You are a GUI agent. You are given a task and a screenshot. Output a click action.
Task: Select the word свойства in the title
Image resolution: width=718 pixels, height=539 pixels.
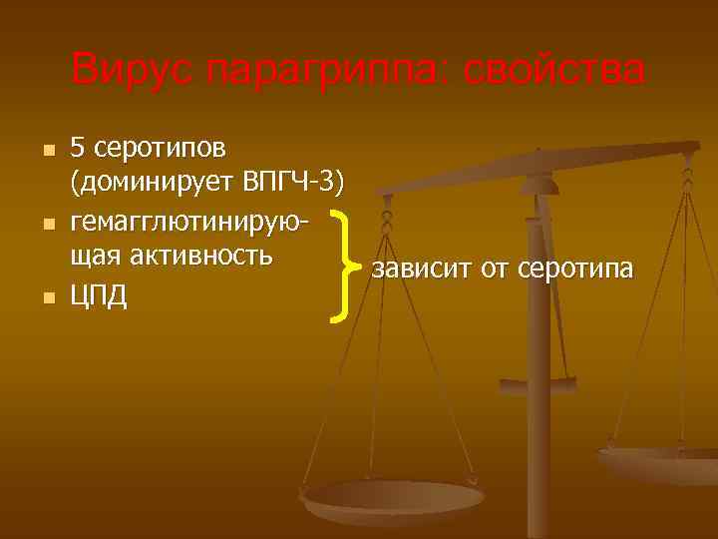[x=545, y=71]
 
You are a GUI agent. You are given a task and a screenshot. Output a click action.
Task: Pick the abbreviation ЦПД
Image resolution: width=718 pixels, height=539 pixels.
[x=99, y=296]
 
